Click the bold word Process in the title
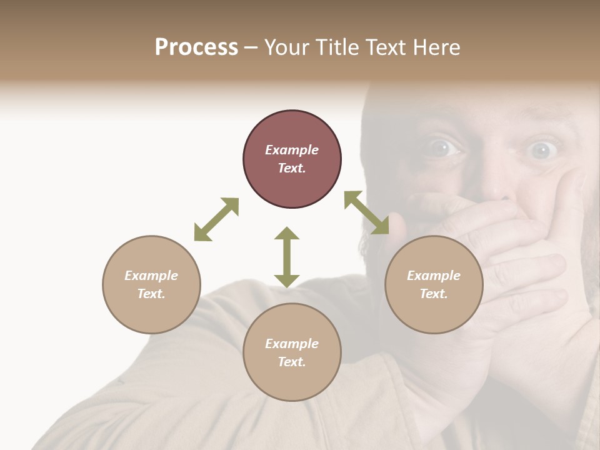tap(196, 47)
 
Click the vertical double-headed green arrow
tap(287, 257)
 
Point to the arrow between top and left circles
tap(216, 219)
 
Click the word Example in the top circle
tap(292, 150)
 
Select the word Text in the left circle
tap(151, 294)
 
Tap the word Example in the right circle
tap(434, 276)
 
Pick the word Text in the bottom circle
tap(292, 362)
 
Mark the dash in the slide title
tap(251, 48)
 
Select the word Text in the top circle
tap(292, 168)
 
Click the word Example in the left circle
tap(151, 276)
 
